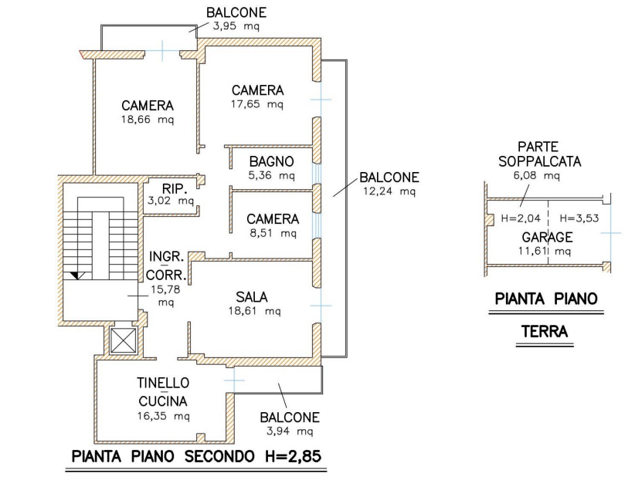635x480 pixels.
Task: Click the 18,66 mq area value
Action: tap(148, 120)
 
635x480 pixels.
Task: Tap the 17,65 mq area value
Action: tap(257, 104)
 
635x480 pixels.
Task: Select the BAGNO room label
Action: tap(271, 161)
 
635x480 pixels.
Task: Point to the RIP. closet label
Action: tap(171, 189)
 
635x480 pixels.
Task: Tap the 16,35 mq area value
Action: tap(164, 416)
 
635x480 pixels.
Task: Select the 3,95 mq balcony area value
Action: tap(237, 27)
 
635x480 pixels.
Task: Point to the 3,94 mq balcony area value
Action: tap(289, 431)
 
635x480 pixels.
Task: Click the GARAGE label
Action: tap(546, 236)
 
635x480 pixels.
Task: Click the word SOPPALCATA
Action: tap(540, 161)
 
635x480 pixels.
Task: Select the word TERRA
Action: tap(545, 332)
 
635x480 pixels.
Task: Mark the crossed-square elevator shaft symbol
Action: tap(123, 339)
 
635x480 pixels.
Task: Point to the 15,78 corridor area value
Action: tap(165, 289)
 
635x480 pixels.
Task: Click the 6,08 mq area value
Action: tap(535, 177)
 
